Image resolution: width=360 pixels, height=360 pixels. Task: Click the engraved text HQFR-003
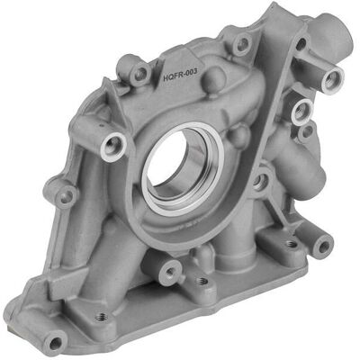click(x=180, y=75)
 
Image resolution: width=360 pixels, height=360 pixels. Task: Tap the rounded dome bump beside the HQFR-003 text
click(x=215, y=78)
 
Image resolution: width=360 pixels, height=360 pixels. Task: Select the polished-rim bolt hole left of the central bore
click(x=113, y=147)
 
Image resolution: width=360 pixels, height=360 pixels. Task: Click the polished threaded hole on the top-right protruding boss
click(x=332, y=80)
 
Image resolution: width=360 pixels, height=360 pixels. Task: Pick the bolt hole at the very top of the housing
click(x=243, y=44)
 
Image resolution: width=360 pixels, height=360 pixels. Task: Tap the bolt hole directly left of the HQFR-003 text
click(x=140, y=74)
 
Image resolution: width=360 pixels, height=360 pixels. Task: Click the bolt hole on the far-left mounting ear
click(x=66, y=196)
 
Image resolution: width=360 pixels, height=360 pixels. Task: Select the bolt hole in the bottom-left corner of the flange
click(x=55, y=343)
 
